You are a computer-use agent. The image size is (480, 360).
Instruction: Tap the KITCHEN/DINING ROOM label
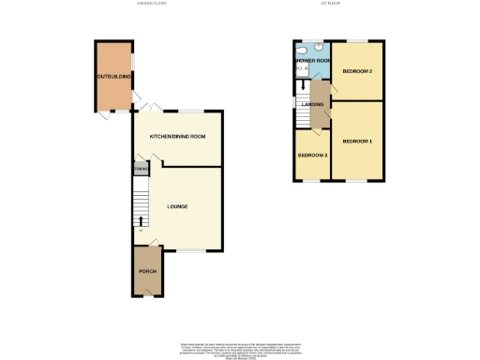[178, 137]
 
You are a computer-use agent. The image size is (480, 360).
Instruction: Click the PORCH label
[147, 271]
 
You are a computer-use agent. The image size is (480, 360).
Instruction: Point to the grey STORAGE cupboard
[140, 170]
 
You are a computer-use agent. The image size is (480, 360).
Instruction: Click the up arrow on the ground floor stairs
[141, 222]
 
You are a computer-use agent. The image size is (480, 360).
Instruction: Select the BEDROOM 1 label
[357, 141]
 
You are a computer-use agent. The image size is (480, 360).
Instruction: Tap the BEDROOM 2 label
[357, 71]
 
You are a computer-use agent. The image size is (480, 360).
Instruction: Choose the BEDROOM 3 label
[312, 155]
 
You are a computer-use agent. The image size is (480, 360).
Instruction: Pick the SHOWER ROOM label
[312, 60]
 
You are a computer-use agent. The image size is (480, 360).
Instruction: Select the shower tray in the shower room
[301, 69]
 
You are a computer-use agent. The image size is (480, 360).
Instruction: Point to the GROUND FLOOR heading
[151, 5]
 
